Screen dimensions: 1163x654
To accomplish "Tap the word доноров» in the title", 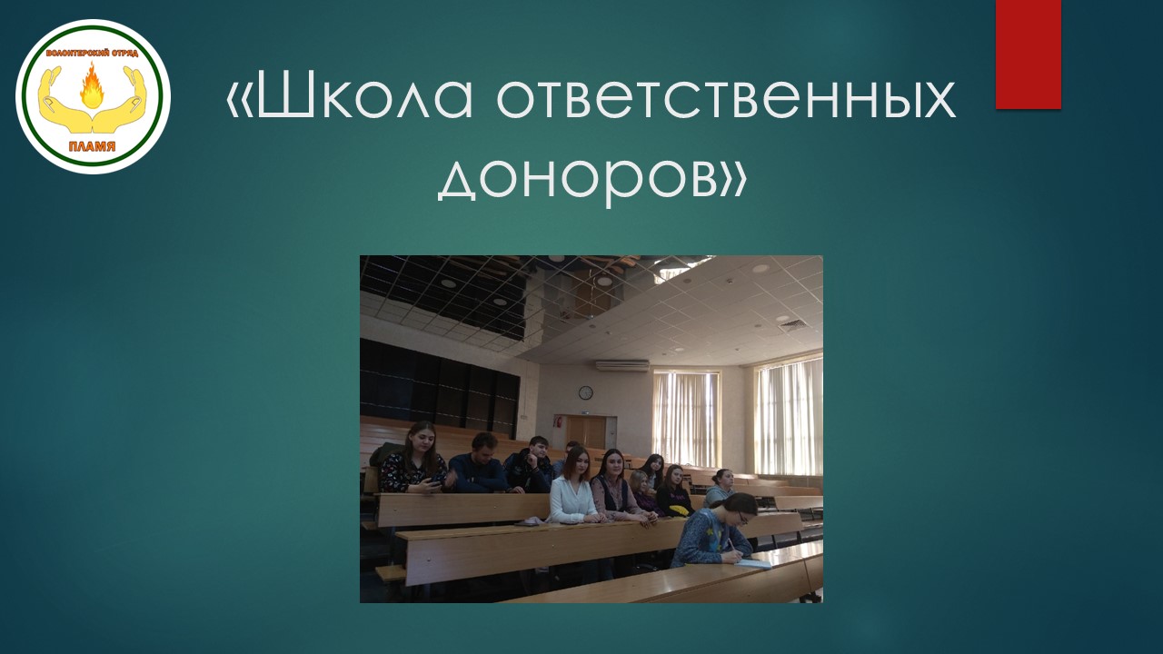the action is [x=592, y=177].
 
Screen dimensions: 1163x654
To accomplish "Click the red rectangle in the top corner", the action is [x=1028, y=54].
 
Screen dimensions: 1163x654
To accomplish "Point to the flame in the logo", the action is [x=92, y=85].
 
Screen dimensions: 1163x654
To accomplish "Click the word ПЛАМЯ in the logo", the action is [x=93, y=147].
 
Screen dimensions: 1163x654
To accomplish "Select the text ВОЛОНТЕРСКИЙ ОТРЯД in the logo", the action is [x=93, y=53].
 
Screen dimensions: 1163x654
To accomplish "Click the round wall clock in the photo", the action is [x=586, y=392].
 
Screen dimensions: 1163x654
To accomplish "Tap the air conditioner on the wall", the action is [x=622, y=365].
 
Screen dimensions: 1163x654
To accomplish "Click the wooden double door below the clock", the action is [x=586, y=435].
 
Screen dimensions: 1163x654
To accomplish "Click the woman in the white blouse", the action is [x=572, y=487].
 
